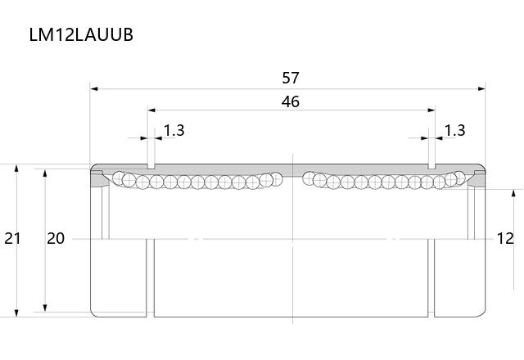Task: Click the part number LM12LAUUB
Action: (x=81, y=34)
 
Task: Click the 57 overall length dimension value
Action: (x=290, y=78)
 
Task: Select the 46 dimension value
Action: (x=290, y=101)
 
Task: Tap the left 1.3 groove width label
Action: (x=174, y=130)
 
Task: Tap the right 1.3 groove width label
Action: (x=455, y=130)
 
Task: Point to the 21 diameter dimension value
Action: (x=12, y=238)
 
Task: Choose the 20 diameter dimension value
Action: (x=56, y=238)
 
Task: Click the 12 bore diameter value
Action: (x=505, y=238)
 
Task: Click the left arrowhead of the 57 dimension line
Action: (x=94, y=89)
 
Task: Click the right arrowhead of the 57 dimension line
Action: (x=481, y=89)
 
